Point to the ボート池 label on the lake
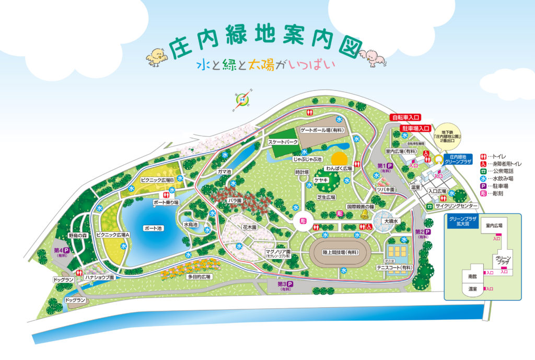(x=153, y=228)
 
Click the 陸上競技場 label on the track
(x=339, y=252)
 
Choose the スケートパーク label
(x=283, y=142)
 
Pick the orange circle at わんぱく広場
(x=340, y=158)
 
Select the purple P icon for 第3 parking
(x=289, y=285)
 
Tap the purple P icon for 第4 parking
(x=66, y=250)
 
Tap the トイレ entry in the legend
(x=494, y=155)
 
